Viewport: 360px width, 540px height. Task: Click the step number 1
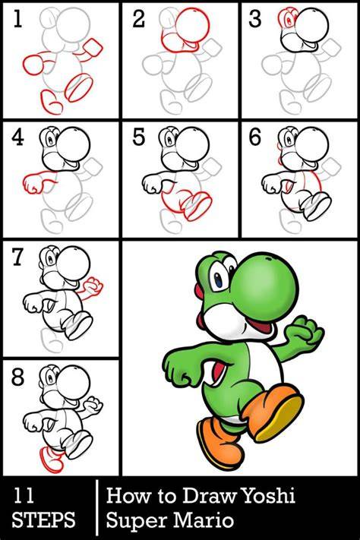[17, 18]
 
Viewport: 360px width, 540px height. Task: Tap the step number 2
[138, 19]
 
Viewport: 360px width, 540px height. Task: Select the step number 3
[255, 19]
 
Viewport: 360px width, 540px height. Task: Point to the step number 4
[17, 137]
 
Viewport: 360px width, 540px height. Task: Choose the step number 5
[138, 137]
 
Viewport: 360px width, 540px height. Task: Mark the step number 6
[255, 137]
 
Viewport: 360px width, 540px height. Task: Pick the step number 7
[17, 257]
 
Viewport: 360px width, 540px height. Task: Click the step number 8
[17, 377]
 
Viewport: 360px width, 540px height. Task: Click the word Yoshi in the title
[269, 496]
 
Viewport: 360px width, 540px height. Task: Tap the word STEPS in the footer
[43, 519]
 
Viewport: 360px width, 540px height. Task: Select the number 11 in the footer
[23, 496]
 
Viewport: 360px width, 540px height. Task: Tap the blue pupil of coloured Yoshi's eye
[219, 281]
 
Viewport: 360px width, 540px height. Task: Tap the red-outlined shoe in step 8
[52, 459]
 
